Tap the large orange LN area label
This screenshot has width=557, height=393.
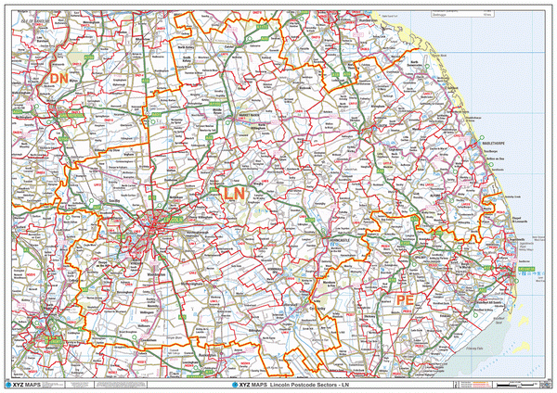pyautogui.click(x=234, y=194)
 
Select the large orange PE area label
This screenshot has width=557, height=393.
pyautogui.click(x=404, y=301)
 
